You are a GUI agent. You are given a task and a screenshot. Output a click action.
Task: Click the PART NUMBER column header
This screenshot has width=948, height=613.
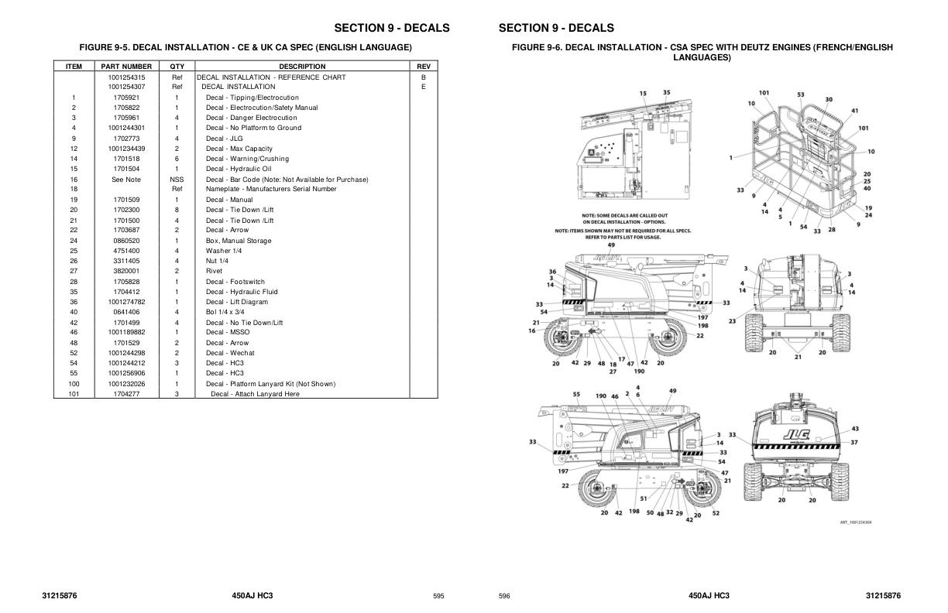point(126,67)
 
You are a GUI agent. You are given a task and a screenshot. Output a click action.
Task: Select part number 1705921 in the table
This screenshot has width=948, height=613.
point(126,98)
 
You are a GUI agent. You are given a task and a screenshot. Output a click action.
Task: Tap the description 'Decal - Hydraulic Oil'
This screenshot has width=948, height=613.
point(239,169)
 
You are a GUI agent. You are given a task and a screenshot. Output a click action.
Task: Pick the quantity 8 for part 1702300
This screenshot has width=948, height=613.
point(177,210)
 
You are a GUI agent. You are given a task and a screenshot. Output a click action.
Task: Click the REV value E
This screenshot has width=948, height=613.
point(423,87)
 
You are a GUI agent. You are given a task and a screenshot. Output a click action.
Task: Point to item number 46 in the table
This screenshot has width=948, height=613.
point(74,332)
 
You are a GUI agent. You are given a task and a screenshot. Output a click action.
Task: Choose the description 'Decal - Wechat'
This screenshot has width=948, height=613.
point(230,353)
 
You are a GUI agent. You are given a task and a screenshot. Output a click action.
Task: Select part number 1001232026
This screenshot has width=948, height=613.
point(126,384)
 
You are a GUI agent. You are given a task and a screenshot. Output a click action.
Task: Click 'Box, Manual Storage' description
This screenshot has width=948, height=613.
point(239,241)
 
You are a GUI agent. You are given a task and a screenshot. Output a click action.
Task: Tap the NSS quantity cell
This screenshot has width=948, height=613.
point(177,180)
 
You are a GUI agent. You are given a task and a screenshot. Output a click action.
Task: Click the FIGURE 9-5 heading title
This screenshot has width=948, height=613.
point(246,48)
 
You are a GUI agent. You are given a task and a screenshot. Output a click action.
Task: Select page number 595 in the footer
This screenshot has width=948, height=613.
point(438,597)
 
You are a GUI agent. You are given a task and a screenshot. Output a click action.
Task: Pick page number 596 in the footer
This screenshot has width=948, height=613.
point(504,597)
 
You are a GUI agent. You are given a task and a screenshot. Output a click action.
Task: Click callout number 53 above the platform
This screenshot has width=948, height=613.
point(801,94)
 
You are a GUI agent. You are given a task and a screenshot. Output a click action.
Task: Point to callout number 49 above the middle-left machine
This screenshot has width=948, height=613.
point(611,245)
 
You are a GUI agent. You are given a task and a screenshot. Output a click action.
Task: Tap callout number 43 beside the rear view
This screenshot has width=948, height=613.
point(855,429)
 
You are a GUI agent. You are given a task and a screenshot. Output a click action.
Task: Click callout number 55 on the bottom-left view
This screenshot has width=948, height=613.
point(576,394)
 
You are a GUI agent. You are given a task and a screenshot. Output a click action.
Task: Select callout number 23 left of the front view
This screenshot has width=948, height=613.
point(732,320)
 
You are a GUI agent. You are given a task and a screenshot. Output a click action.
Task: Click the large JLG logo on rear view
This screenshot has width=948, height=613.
point(795,434)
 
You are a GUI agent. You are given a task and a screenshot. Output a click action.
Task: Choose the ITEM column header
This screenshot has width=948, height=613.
point(74,67)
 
